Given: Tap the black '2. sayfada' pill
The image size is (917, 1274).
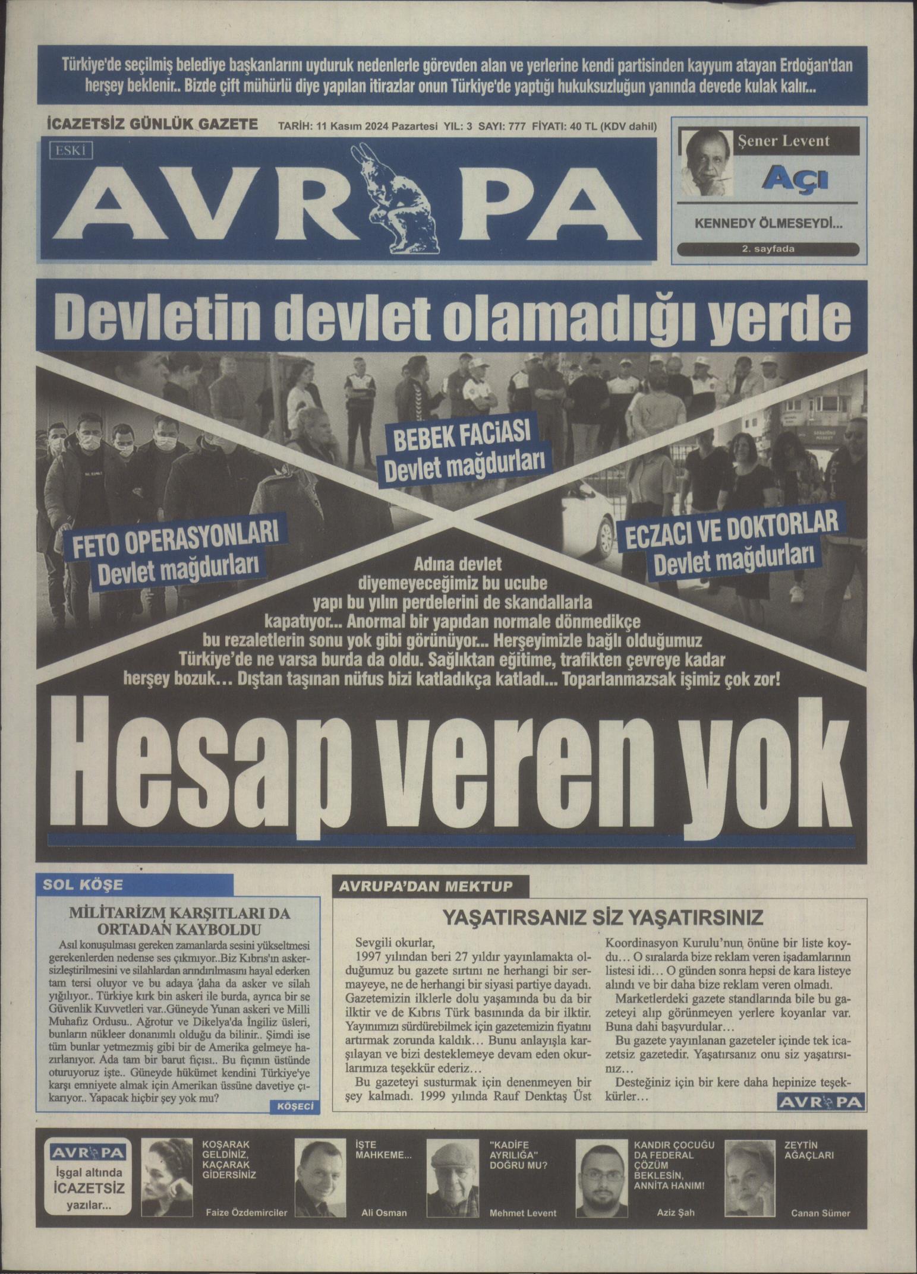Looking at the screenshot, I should tap(767, 249).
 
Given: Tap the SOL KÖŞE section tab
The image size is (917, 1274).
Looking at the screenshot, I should tap(84, 884).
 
